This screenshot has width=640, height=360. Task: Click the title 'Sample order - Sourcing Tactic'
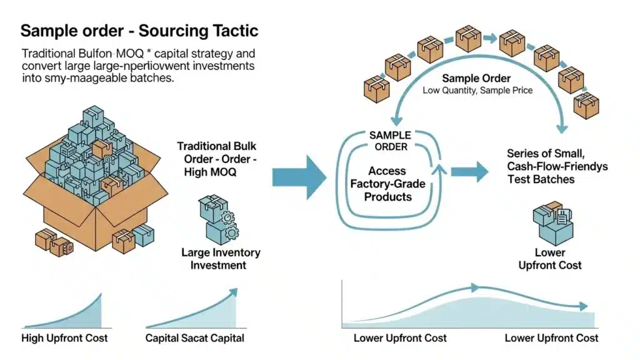pyautogui.click(x=139, y=31)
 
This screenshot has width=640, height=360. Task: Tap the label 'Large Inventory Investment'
pyautogui.click(x=221, y=259)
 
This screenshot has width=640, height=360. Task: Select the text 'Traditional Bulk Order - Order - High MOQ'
pyautogui.click(x=221, y=159)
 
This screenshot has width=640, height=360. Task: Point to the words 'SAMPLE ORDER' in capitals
pyautogui.click(x=390, y=141)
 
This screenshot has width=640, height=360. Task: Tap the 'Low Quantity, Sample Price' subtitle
pyautogui.click(x=477, y=91)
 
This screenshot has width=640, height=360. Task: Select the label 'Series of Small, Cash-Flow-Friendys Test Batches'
pyautogui.click(x=557, y=166)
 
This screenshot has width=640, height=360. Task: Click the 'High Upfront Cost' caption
pyautogui.click(x=64, y=338)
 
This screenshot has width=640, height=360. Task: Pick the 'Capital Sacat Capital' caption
pyautogui.click(x=194, y=338)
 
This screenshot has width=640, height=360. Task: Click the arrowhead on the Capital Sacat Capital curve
pyautogui.click(x=234, y=291)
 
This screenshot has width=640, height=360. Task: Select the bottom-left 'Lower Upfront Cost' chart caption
pyautogui.click(x=400, y=338)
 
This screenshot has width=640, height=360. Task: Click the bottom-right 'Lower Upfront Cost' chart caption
pyautogui.click(x=551, y=338)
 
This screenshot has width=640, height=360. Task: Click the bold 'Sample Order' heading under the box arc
pyautogui.click(x=476, y=79)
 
